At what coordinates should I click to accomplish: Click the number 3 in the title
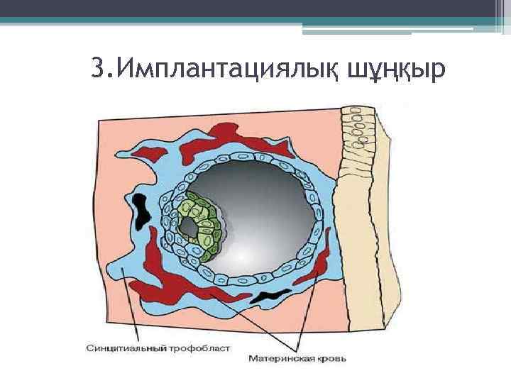click(x=99, y=70)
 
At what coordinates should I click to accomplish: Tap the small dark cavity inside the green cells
click(x=189, y=228)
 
